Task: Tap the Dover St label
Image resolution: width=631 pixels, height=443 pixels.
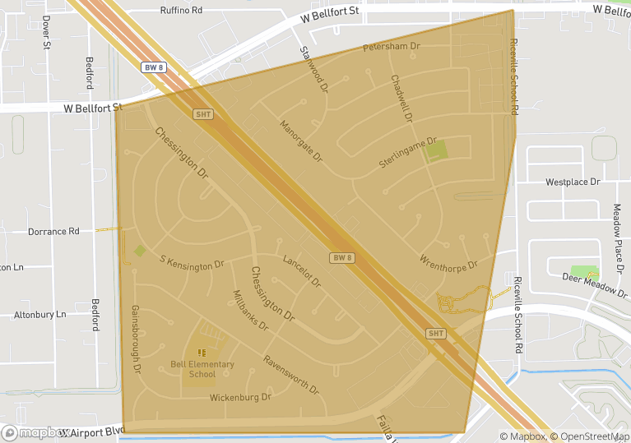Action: click(x=46, y=32)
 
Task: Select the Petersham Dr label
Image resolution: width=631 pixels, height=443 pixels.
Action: click(x=392, y=47)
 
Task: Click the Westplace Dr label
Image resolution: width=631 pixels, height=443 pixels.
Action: click(x=573, y=182)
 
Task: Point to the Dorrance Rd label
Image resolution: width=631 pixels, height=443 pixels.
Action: click(x=53, y=232)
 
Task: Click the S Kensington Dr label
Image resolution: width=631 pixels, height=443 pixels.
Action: click(x=192, y=262)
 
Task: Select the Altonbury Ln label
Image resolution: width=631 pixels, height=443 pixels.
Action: click(x=39, y=315)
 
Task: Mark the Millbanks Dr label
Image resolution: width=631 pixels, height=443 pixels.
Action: click(x=251, y=311)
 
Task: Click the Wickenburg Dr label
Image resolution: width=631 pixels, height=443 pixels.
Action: click(x=240, y=398)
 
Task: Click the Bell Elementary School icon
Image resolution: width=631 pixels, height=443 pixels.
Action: click(x=202, y=353)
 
